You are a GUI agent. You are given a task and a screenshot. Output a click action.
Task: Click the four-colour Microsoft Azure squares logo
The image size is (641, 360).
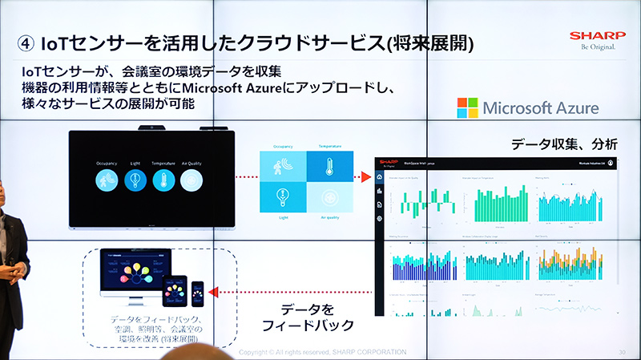point(467,108)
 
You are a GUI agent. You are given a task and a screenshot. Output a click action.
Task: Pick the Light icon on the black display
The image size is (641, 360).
point(135,181)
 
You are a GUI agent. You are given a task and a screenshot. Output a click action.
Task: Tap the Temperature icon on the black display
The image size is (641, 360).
point(163,181)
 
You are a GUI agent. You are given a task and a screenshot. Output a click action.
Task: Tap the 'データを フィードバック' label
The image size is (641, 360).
point(302,318)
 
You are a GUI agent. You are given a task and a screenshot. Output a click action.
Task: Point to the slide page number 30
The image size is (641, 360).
point(622,353)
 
